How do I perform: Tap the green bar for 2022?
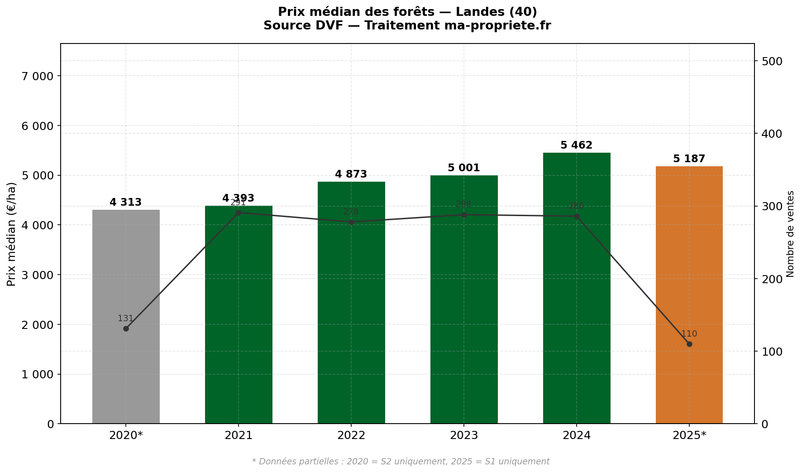coord(351,317)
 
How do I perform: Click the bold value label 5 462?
coord(576,145)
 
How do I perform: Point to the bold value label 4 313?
coord(126,203)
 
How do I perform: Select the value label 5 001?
coord(463,168)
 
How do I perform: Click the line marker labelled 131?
coord(126,328)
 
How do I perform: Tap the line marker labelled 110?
coord(689,344)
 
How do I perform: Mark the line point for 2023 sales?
coord(464,215)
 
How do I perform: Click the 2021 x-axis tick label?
coord(239,436)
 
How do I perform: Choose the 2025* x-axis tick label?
coord(689,436)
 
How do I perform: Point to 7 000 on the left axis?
coord(38,76)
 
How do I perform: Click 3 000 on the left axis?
coord(38,275)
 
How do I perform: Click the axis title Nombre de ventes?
coord(791,234)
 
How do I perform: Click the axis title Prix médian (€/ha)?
coord(12,234)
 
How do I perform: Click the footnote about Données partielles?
coord(401,462)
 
